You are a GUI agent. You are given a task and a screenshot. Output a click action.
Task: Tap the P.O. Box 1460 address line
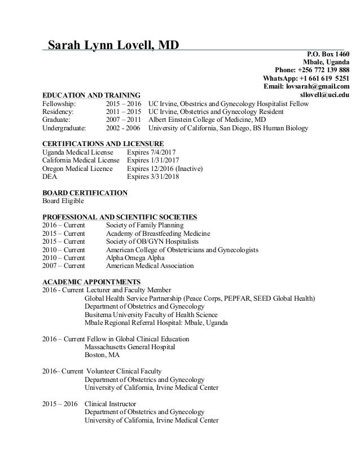click(x=327, y=54)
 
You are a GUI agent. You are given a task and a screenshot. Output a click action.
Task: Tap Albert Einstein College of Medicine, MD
click(x=207, y=120)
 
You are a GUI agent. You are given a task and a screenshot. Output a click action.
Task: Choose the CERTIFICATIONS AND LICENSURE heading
click(x=103, y=144)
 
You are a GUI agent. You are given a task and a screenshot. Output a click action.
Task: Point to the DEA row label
click(x=50, y=177)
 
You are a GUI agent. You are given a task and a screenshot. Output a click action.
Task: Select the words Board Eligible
click(x=63, y=201)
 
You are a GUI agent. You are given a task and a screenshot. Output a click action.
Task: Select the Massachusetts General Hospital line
click(x=130, y=347)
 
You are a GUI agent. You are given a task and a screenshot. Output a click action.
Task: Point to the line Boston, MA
click(x=102, y=355)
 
